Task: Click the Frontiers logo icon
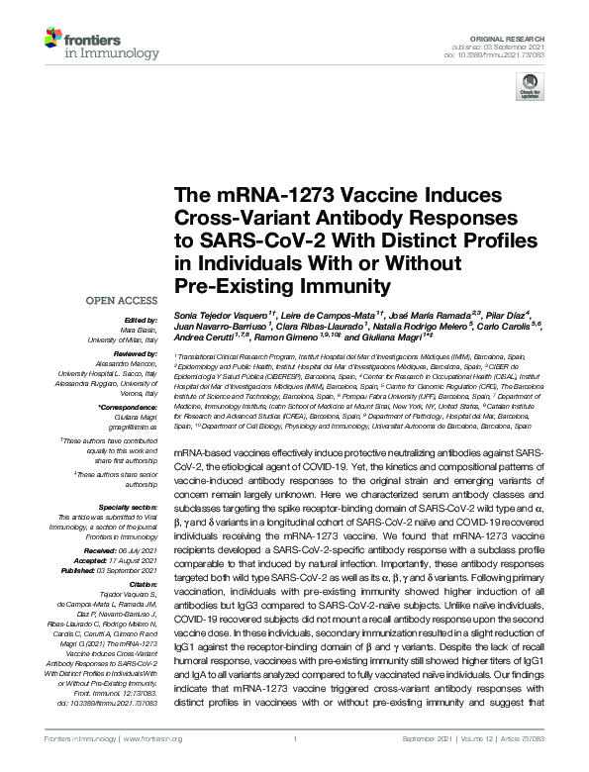point(54,41)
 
